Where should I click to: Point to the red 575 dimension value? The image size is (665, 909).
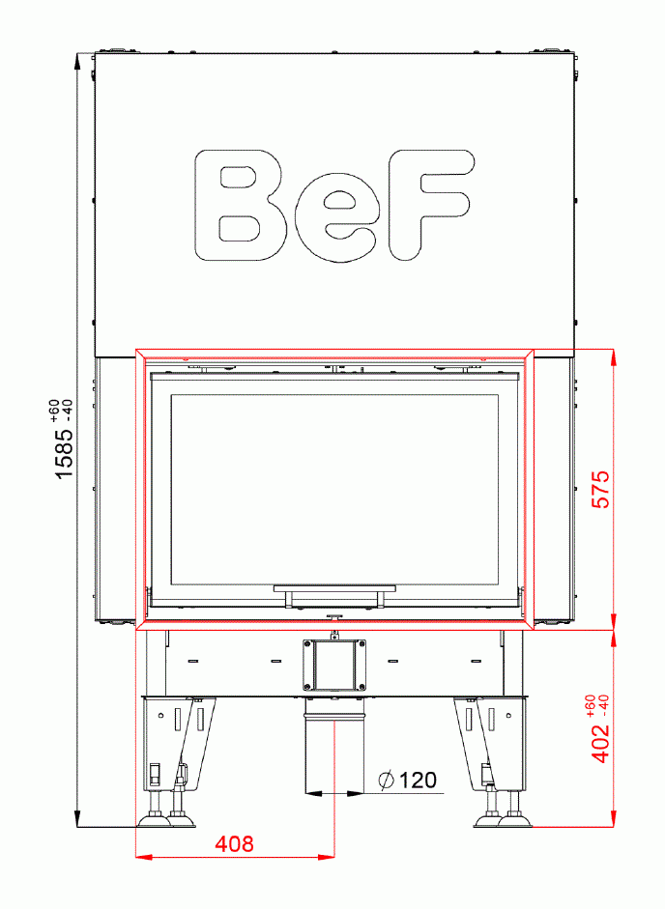click(x=600, y=490)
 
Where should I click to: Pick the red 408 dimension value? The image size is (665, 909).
click(x=234, y=844)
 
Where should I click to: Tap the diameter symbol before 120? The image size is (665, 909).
click(x=386, y=780)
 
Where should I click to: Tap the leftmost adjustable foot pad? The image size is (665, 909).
click(x=154, y=821)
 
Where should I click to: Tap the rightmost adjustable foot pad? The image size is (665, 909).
click(x=515, y=821)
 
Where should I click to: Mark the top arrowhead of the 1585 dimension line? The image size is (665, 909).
click(x=78, y=60)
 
